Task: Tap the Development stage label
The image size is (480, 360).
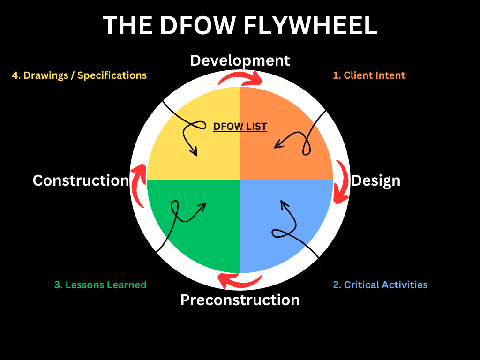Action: pyautogui.click(x=240, y=60)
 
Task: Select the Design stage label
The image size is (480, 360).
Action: pyautogui.click(x=376, y=180)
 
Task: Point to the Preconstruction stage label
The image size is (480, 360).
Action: pyautogui.click(x=240, y=300)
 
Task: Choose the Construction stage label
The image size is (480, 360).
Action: pyautogui.click(x=81, y=180)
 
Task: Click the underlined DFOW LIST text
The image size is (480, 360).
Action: pyautogui.click(x=240, y=127)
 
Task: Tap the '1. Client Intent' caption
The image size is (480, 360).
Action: pyautogui.click(x=369, y=75)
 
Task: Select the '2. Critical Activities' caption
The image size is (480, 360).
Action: pyautogui.click(x=380, y=285)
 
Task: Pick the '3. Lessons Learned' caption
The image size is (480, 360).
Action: pyautogui.click(x=100, y=285)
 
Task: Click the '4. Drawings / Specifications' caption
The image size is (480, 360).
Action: pyautogui.click(x=79, y=75)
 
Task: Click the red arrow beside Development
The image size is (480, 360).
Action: pyautogui.click(x=242, y=77)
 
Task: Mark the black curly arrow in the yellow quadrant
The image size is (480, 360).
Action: pyautogui.click(x=187, y=127)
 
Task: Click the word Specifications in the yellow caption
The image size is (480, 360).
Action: pyautogui.click(x=112, y=75)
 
